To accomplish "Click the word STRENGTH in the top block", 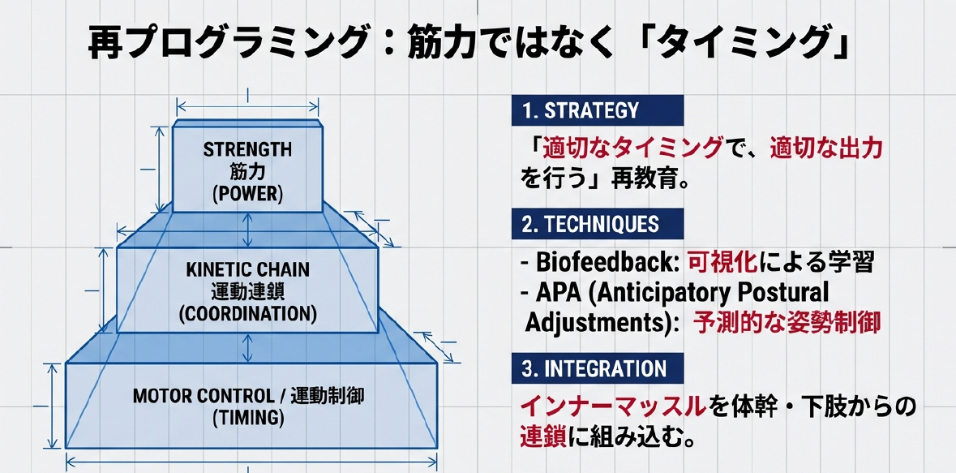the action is tap(247, 148).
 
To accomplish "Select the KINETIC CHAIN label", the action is tap(247, 269).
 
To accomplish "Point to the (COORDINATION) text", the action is tap(247, 313).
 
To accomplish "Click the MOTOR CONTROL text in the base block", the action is tap(202, 396).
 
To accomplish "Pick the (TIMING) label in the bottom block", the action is tap(248, 418).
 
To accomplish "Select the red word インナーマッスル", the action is tap(611, 407).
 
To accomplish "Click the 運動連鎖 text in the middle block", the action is tap(247, 291).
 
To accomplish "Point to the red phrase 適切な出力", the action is tap(826, 149).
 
